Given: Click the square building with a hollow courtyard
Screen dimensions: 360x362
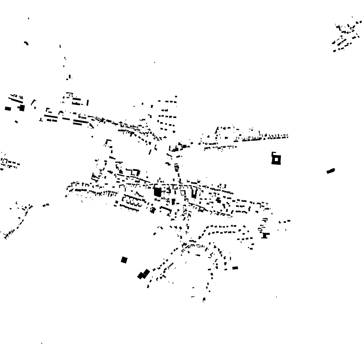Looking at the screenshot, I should [x=276, y=159].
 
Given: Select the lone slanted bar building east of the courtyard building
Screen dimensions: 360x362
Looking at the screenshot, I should [x=330, y=171].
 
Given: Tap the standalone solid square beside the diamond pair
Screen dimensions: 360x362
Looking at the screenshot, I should [x=124, y=260].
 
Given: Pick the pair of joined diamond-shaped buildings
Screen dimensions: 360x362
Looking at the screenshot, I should [x=143, y=274].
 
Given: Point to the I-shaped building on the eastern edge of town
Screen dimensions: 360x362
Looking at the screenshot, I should [x=265, y=235].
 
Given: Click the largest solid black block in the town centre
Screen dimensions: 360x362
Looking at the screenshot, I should [x=157, y=192].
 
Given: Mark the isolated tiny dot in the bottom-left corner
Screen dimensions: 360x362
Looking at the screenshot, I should [x=42, y=343].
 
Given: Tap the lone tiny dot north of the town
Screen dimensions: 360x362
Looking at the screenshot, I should [x=154, y=62].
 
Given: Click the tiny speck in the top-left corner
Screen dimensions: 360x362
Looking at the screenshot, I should [x=28, y=18].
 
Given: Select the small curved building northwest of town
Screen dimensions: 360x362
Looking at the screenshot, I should [x=26, y=43].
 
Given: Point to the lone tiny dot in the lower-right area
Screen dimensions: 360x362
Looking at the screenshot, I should [x=276, y=297].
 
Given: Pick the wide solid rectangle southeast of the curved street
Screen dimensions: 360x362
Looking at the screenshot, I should [x=235, y=268].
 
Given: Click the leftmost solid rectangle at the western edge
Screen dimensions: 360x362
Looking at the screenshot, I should [x=8, y=109].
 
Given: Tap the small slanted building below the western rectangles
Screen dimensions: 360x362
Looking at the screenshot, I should [x=16, y=122].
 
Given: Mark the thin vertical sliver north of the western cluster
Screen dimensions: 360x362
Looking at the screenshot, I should [x=60, y=46].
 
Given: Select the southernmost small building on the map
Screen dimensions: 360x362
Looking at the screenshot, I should [x=204, y=300].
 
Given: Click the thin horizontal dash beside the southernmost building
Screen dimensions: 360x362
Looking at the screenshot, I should [x=192, y=297].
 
